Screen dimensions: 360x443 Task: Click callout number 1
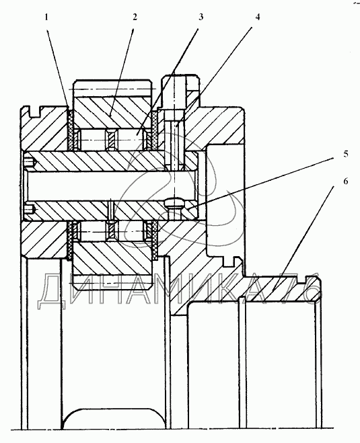(x=46, y=17)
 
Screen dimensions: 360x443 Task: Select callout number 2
(x=135, y=17)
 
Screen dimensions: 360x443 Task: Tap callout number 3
(x=201, y=17)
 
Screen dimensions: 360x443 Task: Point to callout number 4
(x=257, y=17)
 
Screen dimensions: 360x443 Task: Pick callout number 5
(x=346, y=155)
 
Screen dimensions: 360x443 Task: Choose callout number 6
(x=346, y=182)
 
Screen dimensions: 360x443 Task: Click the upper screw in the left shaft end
(x=30, y=163)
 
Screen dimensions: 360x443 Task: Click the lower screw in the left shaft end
(x=30, y=210)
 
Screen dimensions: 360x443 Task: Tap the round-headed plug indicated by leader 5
(x=173, y=206)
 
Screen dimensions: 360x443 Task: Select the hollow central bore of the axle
(x=110, y=186)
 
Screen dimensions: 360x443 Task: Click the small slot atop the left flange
(x=36, y=112)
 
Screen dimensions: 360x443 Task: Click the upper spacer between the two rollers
(x=112, y=139)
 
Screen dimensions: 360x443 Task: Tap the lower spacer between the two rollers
(x=112, y=231)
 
